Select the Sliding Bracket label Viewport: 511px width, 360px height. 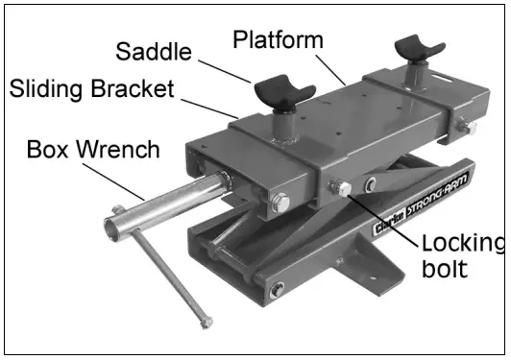92,89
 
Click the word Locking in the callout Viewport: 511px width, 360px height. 461,243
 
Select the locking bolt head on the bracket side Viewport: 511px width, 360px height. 339,188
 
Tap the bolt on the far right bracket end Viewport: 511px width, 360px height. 467,128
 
